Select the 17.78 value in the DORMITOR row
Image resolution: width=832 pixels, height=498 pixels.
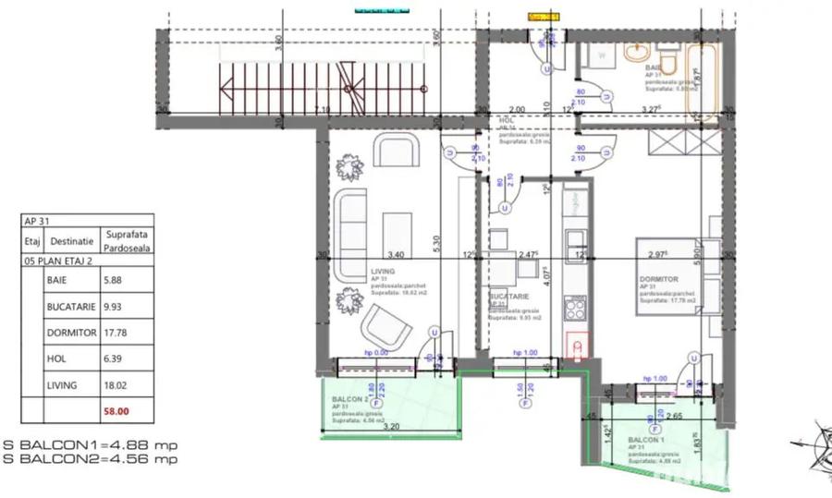(x=117, y=334)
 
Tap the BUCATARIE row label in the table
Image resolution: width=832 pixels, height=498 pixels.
(x=70, y=306)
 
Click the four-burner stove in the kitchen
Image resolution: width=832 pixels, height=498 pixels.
(x=574, y=306)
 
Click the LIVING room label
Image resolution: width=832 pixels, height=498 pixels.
(x=382, y=273)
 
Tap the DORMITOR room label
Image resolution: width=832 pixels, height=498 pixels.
(x=659, y=279)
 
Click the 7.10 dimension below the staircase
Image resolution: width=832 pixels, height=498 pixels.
(x=322, y=110)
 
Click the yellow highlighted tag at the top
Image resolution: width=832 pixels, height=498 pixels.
(x=544, y=17)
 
